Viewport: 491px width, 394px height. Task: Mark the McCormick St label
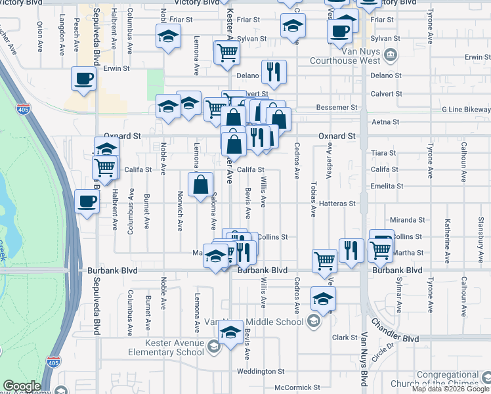[297, 387]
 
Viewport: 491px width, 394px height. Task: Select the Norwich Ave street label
[180, 211]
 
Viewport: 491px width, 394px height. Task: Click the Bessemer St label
[335, 107]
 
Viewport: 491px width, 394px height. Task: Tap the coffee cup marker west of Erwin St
[83, 79]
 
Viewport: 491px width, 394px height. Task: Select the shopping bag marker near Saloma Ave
[200, 185]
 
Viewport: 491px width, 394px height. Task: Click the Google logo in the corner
[22, 387]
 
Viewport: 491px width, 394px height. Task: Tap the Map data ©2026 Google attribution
[451, 389]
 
